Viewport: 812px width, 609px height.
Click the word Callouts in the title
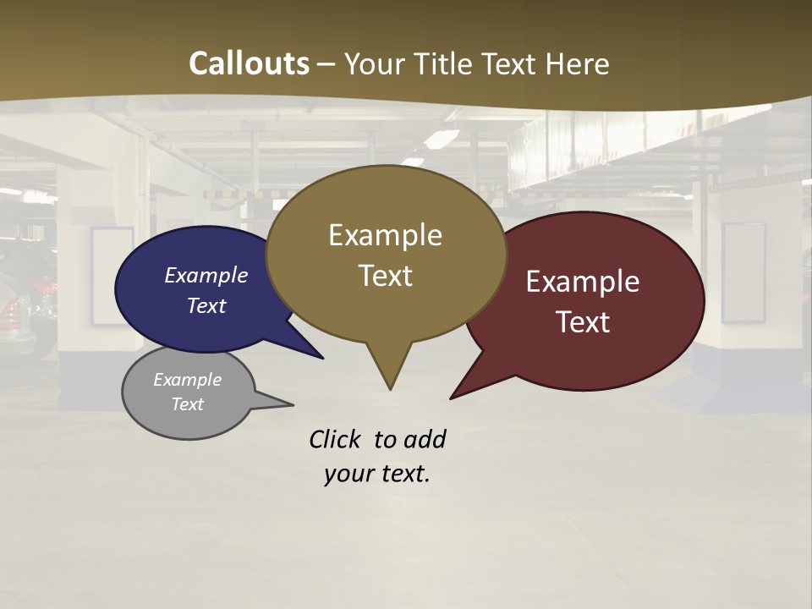tap(249, 63)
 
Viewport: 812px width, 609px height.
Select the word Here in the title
tap(576, 64)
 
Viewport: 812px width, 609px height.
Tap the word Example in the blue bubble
tap(206, 275)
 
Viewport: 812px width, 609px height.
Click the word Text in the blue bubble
tap(206, 305)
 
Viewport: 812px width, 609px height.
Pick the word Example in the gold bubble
tap(385, 235)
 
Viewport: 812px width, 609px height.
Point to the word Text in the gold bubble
tap(385, 276)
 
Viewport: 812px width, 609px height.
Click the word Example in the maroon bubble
tap(583, 282)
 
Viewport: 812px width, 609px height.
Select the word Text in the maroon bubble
tap(583, 322)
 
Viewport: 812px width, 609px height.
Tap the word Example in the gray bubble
tap(187, 380)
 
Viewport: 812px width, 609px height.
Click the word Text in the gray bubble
tap(187, 404)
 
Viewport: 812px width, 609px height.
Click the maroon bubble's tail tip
tap(452, 398)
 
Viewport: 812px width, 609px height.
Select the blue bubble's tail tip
tap(322, 358)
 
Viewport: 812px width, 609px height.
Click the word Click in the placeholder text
tap(334, 439)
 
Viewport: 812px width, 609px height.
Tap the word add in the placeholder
tap(424, 439)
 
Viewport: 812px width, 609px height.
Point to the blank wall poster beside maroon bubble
tap(743, 272)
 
